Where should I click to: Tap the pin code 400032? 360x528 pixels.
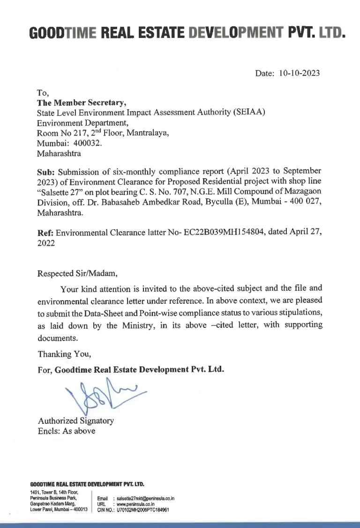(x=86, y=143)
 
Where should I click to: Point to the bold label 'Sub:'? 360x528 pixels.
(x=46, y=171)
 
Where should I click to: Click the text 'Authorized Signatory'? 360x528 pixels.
(x=75, y=421)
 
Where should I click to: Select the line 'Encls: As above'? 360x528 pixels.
(x=67, y=431)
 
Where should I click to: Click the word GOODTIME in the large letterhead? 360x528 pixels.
(x=62, y=33)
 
